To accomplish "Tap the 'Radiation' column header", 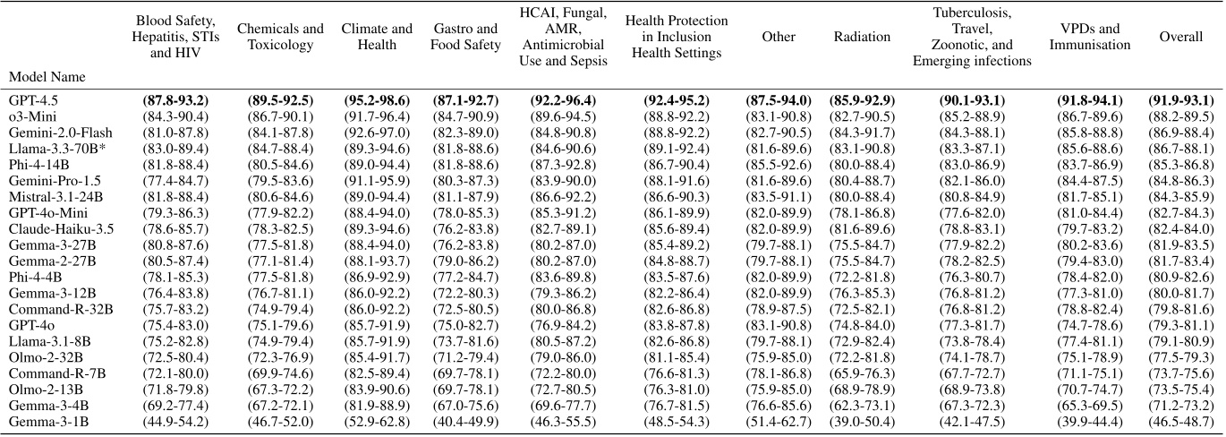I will (862, 38).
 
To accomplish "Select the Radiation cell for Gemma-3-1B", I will (862, 421).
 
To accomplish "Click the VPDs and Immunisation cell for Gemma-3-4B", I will (1089, 407).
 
